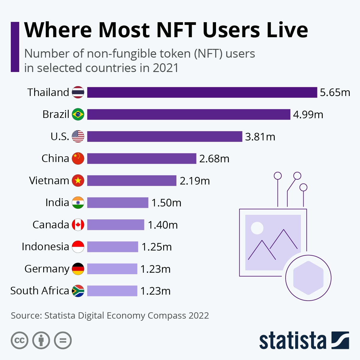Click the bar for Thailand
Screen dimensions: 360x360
(202, 92)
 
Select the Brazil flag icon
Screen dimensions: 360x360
(78, 114)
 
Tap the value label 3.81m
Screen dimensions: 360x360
(260, 137)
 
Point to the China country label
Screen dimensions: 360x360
(55, 158)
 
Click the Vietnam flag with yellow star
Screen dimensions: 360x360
(78, 181)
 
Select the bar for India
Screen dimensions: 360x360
(118, 203)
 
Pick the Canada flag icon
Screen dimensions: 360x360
(78, 225)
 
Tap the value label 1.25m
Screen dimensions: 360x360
(157, 247)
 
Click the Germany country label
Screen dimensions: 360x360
(47, 269)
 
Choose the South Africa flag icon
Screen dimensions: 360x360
(78, 291)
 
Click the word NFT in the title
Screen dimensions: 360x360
(176, 30)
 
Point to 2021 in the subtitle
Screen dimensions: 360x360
(166, 68)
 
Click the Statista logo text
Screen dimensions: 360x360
(292, 341)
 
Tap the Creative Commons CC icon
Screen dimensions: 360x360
(19, 340)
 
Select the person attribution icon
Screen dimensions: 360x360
(41, 340)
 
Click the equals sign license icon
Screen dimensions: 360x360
(63, 340)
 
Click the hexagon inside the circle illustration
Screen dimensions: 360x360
(308, 278)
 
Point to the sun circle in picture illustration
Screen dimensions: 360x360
(257, 228)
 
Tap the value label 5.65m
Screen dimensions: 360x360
(335, 92)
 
